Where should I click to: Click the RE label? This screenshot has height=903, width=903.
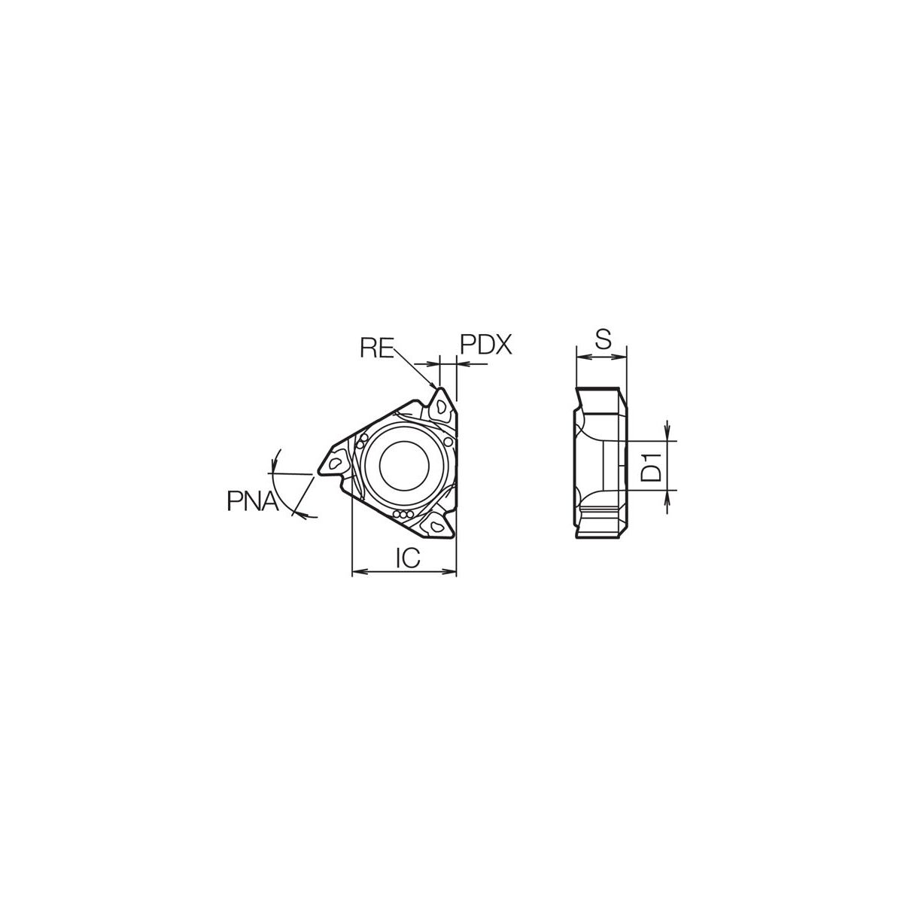coord(377,347)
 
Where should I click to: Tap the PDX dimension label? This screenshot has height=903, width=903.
coord(486,345)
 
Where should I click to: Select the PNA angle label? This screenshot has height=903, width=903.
coord(253,500)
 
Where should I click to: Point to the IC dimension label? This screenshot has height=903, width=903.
coord(408,557)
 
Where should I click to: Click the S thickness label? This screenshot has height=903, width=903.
coord(603,339)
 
